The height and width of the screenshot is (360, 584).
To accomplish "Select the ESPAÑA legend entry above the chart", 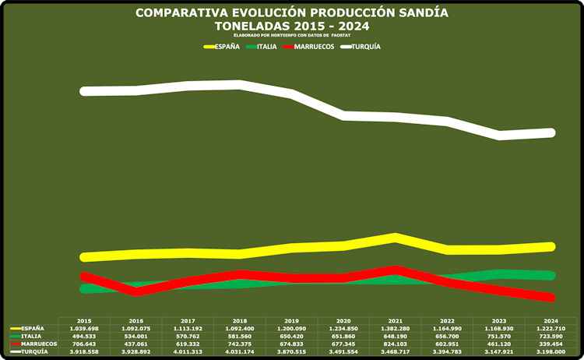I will click(227, 47).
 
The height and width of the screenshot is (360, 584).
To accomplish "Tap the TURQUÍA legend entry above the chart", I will click(366, 47).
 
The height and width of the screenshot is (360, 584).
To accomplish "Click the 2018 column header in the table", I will click(239, 320).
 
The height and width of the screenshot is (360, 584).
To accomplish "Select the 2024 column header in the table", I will click(551, 320).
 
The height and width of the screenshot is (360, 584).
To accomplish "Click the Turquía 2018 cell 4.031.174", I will click(239, 351).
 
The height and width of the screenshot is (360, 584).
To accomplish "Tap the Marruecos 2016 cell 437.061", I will click(135, 344).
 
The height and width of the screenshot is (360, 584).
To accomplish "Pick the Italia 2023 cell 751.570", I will click(498, 336).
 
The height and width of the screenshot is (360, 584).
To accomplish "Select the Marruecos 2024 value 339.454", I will click(551, 344).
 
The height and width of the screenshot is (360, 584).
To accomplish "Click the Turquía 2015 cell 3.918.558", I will click(84, 351).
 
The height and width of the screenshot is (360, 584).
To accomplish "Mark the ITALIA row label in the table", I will click(31, 336).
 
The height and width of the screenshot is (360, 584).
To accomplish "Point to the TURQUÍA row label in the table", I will click(34, 351).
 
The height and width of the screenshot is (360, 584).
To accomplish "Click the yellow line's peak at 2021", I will click(396, 237).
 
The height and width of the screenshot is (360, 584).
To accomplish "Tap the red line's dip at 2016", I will click(137, 291).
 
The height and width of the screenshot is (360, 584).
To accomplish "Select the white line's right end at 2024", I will click(550, 132).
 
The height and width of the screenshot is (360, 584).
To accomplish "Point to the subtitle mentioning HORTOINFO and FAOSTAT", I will click(291, 36).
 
